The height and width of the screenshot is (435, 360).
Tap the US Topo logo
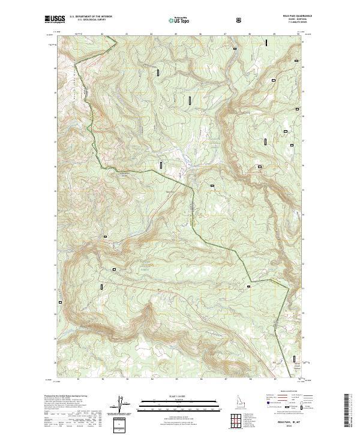point(179,20)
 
